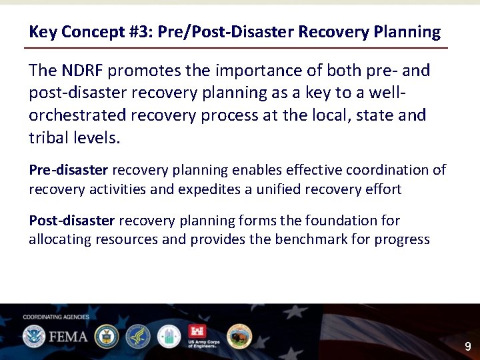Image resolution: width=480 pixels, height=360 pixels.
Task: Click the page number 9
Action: pyautogui.click(x=467, y=346)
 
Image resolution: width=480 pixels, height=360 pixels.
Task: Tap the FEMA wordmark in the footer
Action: pyautogui.click(x=67, y=336)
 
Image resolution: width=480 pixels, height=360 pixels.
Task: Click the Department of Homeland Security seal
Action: pyautogui.click(x=33, y=336)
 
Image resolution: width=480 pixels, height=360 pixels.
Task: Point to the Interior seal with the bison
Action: pyautogui.click(x=239, y=336)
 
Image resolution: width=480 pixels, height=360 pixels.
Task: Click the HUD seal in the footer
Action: pyautogui.click(x=169, y=336)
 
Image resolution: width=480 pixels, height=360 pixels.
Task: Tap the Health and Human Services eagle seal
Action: pyautogui.click(x=138, y=336)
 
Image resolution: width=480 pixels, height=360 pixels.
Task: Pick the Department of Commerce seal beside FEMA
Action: pyautogui.click(x=106, y=336)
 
